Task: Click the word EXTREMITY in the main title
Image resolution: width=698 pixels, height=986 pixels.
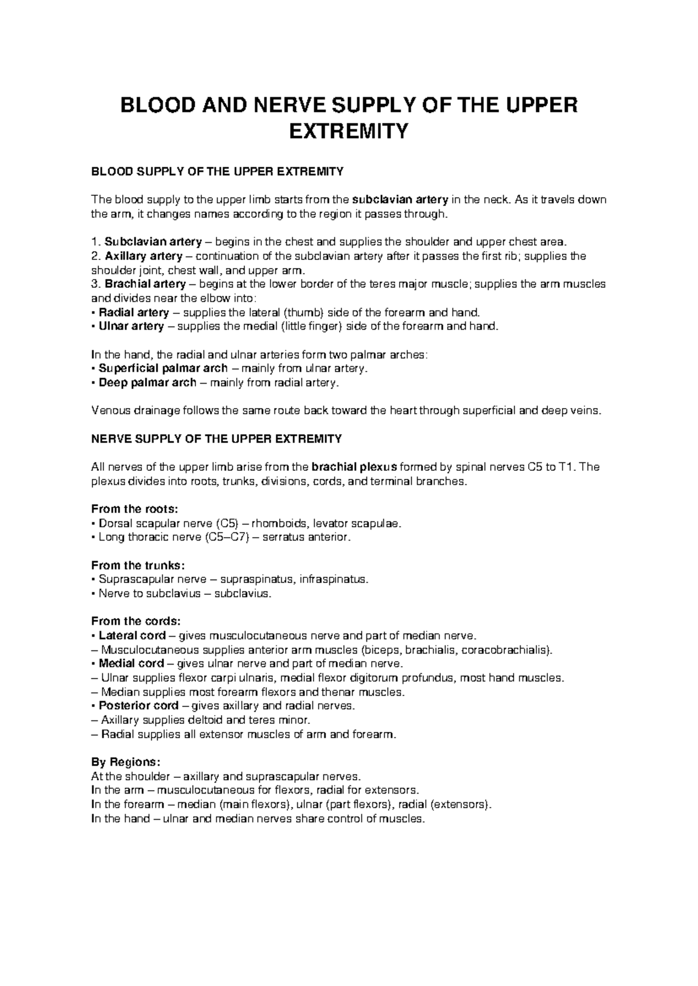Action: (348, 132)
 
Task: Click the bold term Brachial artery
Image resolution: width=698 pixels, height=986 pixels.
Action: (145, 284)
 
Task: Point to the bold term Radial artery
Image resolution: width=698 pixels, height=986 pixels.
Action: (134, 312)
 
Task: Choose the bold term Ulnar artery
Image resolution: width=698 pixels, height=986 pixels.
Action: (131, 326)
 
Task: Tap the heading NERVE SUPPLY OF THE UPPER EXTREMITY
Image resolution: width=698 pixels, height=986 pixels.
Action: (216, 439)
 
